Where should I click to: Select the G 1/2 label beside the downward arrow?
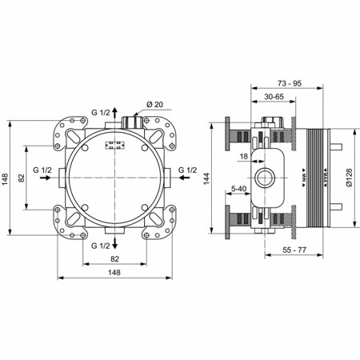click(100, 244)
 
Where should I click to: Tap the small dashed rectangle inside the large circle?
click(115, 146)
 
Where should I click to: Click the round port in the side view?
click(263, 177)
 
